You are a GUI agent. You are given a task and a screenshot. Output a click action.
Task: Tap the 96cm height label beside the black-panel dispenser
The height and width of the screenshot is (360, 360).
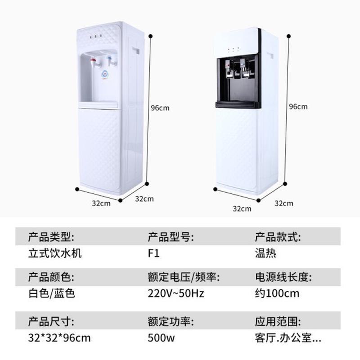[298, 107]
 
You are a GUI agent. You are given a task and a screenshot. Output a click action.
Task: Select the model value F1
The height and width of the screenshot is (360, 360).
[153, 253]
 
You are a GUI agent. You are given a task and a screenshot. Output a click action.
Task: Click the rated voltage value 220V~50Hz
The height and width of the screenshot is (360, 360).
[176, 294]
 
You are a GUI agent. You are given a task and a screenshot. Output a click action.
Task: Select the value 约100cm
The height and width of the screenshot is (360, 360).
[277, 294]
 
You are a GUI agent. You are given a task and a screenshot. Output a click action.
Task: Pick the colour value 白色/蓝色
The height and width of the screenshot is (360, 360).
[48, 294]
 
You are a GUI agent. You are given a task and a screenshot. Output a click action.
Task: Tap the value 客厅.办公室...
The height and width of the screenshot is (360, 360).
[288, 337]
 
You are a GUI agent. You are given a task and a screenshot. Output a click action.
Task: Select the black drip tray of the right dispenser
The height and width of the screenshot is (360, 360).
[238, 104]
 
